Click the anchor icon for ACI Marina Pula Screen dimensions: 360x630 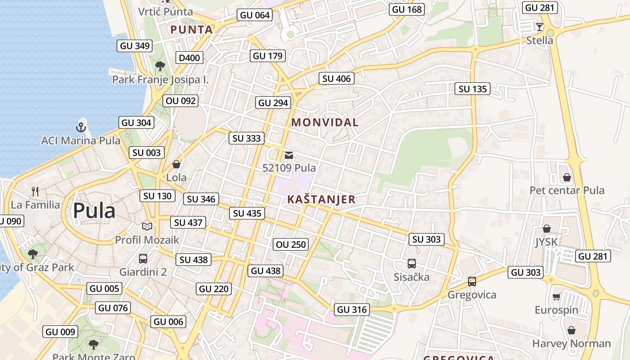81,126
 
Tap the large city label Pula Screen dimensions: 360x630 94,211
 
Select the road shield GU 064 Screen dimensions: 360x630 255,15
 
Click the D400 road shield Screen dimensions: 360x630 189,58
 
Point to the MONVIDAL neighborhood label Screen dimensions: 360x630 324,122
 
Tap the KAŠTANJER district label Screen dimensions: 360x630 321,199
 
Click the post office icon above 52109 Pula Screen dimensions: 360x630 289,155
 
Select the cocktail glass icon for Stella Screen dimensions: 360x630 540,27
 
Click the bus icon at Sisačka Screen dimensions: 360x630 411,264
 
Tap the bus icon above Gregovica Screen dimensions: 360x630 472,282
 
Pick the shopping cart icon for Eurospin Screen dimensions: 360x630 556,297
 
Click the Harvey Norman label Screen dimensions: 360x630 571,344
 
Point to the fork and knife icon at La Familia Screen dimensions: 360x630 35,191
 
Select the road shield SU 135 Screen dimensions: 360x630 472,89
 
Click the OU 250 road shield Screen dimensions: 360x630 291,245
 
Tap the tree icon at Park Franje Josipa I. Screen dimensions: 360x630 160,66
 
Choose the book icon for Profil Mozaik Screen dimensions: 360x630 147,226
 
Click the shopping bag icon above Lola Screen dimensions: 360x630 176,164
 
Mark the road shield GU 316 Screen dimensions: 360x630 352,310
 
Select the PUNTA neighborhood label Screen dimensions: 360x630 191,30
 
